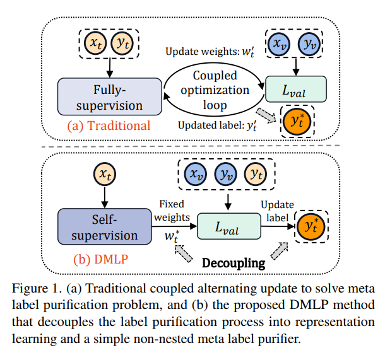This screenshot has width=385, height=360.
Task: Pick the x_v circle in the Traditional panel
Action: pos(278,44)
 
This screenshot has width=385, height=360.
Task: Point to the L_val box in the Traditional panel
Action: pos(295,90)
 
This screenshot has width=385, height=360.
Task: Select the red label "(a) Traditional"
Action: pos(109,125)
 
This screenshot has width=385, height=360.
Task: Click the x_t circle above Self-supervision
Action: pos(105,172)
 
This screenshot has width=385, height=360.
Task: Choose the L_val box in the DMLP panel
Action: pos(228,224)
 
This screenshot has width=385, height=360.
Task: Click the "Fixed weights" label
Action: pos(173,211)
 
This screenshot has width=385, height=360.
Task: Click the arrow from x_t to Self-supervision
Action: pos(105,197)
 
